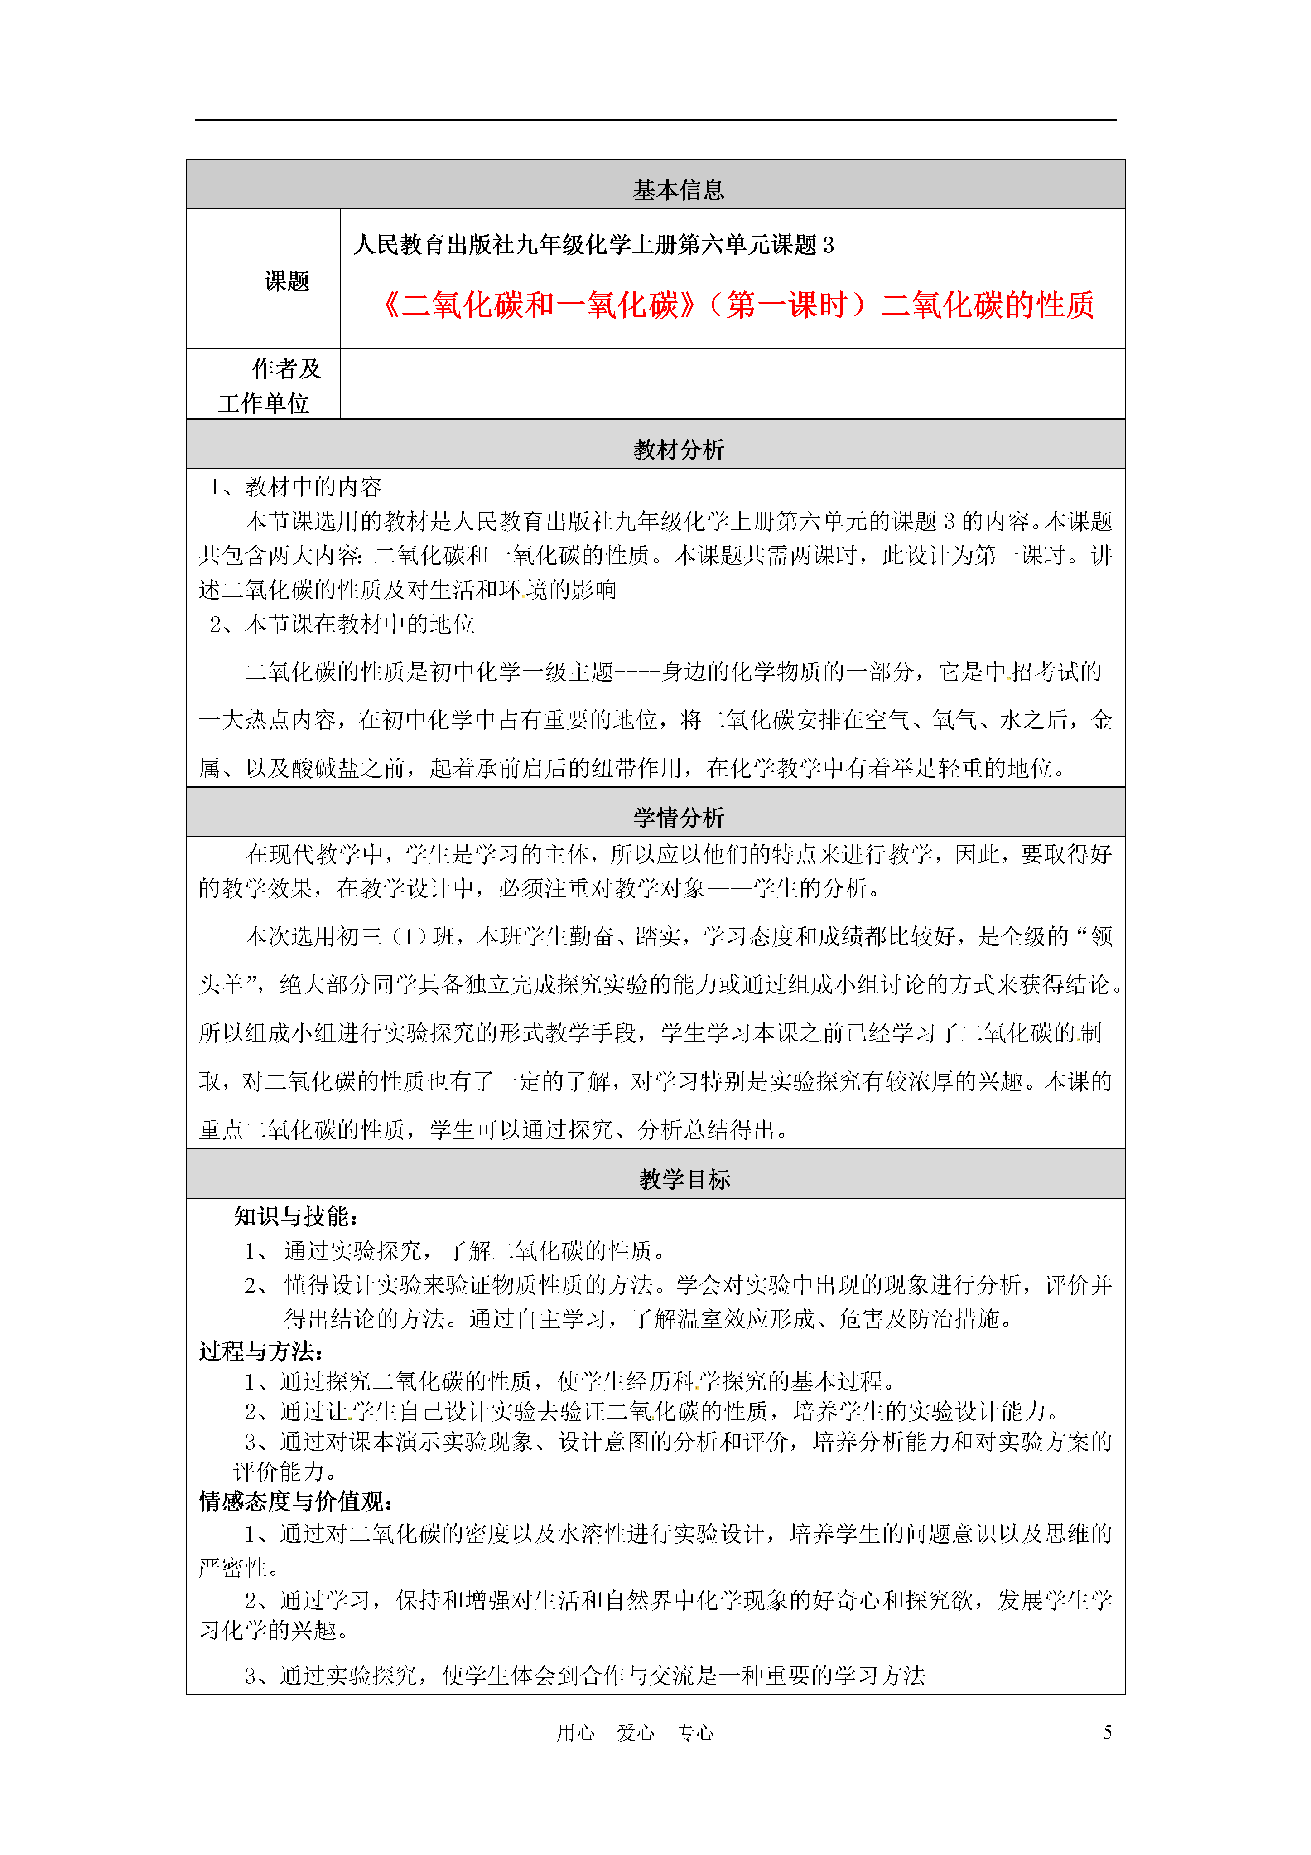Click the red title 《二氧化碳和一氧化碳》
coord(539,305)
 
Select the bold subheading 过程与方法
coord(261,1351)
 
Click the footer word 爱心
coord(636,1733)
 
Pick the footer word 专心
coord(694,1733)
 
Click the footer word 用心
coord(576,1733)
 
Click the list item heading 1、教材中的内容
coord(296,487)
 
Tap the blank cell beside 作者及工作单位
coord(732,384)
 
